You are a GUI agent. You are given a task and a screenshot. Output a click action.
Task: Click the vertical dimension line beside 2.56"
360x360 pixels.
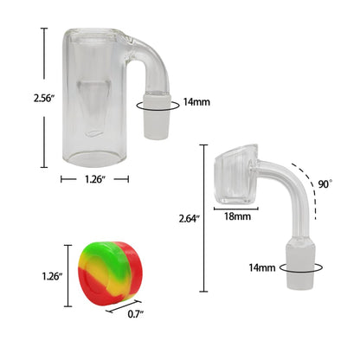point(44,97)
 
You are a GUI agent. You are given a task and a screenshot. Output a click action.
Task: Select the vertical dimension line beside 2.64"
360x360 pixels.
point(204,219)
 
